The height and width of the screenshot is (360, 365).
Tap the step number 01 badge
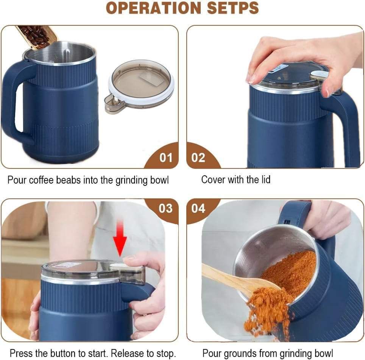(x=165, y=157)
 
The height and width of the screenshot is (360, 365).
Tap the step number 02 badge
(x=198, y=157)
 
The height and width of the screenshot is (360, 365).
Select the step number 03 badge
(x=165, y=208)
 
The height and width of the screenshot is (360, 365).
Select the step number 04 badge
(x=198, y=208)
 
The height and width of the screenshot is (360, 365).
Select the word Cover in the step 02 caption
(x=213, y=179)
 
